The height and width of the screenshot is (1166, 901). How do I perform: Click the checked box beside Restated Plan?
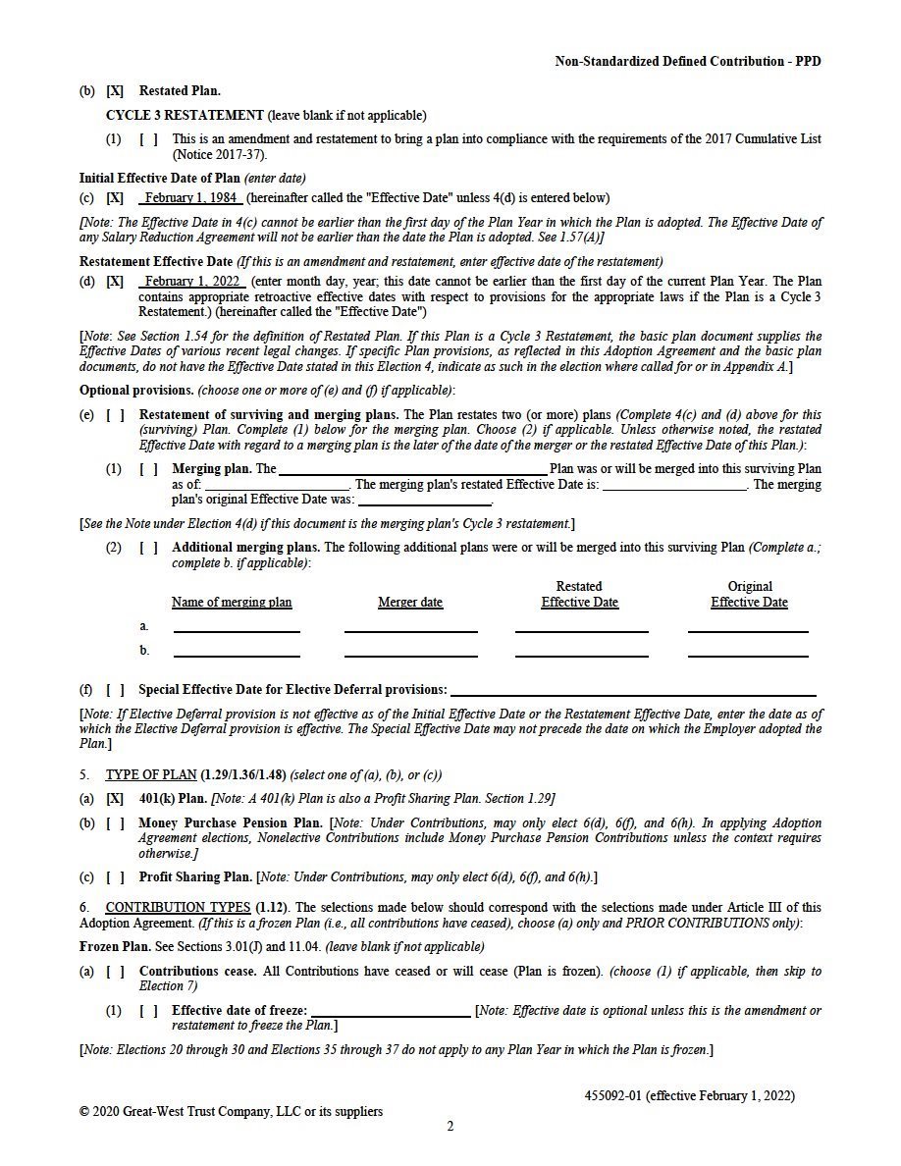point(115,91)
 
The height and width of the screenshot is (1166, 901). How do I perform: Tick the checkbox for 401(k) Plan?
point(115,799)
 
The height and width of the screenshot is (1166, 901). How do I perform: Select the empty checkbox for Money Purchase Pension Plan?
point(115,823)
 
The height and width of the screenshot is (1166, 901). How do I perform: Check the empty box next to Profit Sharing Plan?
point(115,876)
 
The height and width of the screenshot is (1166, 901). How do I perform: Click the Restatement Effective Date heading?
point(155,261)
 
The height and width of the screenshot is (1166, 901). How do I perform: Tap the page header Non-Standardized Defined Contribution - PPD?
point(688,61)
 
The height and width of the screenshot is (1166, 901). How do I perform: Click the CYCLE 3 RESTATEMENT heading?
point(185,115)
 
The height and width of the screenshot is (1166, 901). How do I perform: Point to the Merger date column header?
point(410,603)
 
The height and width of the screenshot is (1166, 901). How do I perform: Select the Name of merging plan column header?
point(232,603)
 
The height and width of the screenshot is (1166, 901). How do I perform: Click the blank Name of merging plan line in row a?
point(237,630)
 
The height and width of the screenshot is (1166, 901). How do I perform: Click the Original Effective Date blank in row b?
point(748,655)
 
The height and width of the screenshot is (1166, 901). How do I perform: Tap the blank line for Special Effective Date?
point(633,693)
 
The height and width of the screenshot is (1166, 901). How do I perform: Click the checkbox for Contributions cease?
point(115,971)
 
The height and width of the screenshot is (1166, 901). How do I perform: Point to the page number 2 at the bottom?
point(450,1127)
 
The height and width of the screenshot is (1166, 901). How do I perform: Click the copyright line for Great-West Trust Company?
point(231,1111)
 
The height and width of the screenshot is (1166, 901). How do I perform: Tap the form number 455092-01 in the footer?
point(612,1095)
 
